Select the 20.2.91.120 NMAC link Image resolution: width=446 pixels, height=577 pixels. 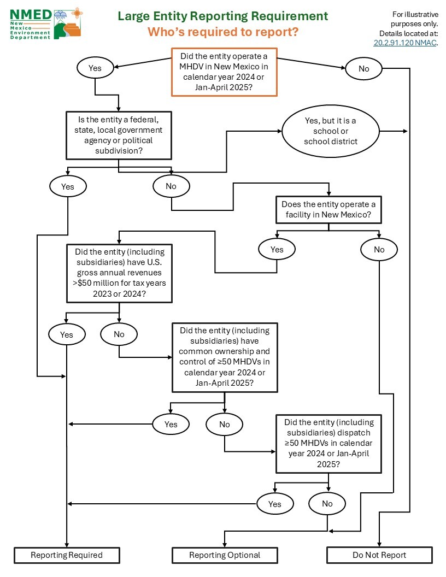[x=404, y=43]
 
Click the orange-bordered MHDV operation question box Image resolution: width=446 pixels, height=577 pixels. [x=225, y=72]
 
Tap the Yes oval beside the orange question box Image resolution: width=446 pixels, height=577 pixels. [x=95, y=68]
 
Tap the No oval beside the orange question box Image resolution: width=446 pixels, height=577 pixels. [x=363, y=69]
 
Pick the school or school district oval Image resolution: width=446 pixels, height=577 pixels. [x=331, y=132]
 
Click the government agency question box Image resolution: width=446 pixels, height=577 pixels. [x=119, y=136]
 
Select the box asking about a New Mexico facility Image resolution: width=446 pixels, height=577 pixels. [x=328, y=210]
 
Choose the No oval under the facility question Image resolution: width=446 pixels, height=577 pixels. [x=379, y=250]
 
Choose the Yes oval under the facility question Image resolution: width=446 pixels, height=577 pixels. [x=277, y=250]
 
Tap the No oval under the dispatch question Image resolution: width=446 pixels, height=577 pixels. [x=327, y=504]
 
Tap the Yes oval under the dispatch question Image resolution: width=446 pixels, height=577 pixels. [x=275, y=504]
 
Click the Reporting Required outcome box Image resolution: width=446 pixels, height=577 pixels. [x=67, y=555]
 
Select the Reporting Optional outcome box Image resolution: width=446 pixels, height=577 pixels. [x=225, y=555]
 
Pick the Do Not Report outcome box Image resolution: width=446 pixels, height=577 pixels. [x=379, y=555]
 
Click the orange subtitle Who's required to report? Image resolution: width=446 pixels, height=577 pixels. [x=223, y=32]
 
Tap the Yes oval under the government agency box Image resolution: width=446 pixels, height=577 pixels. [x=68, y=187]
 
